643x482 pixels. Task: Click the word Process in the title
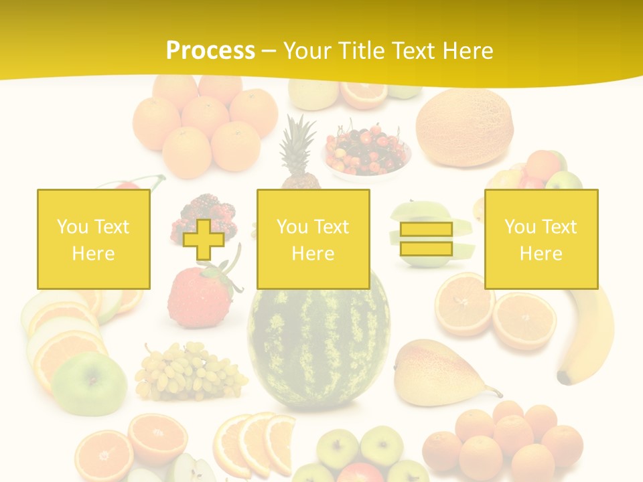coord(210,50)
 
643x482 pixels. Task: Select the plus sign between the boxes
coord(204,239)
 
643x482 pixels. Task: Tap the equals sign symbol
coord(426,239)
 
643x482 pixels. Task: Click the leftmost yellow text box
coord(93,239)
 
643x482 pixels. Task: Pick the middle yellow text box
coord(313,239)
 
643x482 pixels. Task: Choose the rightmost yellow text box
coord(541,239)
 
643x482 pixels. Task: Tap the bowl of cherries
coord(366,150)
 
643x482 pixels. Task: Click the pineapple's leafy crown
coord(298,144)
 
